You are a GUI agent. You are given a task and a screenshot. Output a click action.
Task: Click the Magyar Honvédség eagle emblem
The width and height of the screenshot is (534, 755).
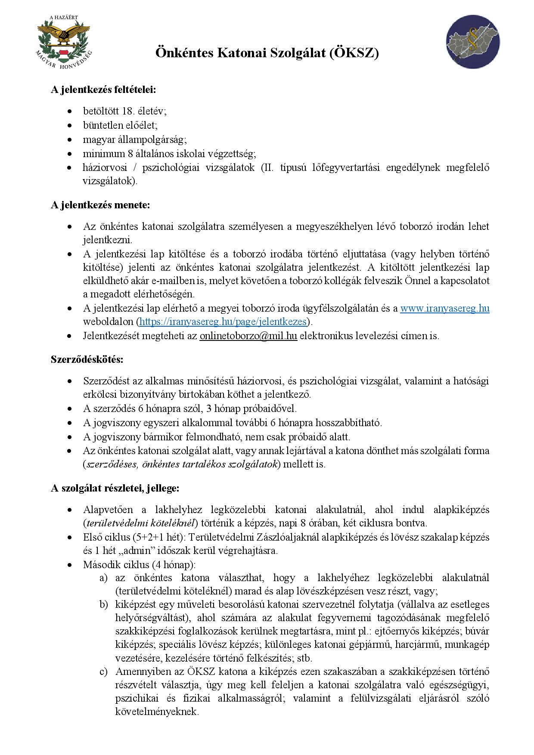[x=64, y=42]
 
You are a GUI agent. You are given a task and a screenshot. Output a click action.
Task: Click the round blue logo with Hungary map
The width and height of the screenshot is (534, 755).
[x=472, y=42]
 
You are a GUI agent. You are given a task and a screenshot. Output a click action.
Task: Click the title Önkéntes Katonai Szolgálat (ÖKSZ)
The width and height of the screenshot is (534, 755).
[x=267, y=53]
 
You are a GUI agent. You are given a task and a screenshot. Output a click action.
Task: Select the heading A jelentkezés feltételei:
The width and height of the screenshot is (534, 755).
[x=103, y=90]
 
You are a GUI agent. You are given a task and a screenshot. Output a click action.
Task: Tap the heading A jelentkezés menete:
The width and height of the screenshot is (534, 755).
[x=100, y=205]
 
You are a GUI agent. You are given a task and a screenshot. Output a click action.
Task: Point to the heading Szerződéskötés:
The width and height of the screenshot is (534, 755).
[x=87, y=359]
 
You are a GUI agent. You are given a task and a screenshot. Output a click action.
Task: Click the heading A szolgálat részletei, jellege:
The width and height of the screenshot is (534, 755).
[x=115, y=488]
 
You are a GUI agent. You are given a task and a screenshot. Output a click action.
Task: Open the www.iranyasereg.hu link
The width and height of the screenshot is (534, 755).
[x=444, y=308]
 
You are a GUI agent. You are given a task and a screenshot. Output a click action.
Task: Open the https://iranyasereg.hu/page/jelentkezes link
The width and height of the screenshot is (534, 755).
[x=223, y=322]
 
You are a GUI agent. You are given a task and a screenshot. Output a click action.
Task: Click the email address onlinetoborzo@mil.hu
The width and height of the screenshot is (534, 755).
[x=248, y=336]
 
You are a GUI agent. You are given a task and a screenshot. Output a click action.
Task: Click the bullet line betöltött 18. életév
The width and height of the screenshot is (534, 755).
[x=124, y=111]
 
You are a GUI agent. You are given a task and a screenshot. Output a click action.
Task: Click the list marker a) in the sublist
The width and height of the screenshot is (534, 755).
[x=103, y=578]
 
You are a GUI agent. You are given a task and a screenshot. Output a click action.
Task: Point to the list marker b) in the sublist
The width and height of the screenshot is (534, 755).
[x=103, y=605]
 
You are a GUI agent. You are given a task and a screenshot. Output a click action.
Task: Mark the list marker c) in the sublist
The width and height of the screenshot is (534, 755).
[x=103, y=671]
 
